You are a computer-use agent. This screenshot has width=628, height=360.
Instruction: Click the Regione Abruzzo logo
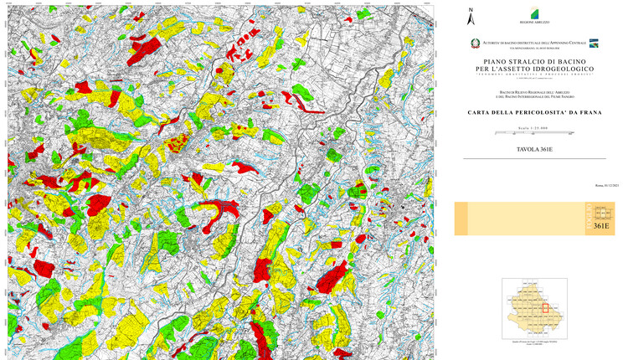coord(531,15)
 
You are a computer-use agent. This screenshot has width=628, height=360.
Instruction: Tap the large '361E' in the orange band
coord(600,226)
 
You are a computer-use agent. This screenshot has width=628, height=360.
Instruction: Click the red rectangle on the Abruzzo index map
coord(545,308)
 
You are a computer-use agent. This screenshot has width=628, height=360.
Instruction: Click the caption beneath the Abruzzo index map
coord(533,345)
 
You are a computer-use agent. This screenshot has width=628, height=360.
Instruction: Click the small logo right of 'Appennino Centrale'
coord(594,43)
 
